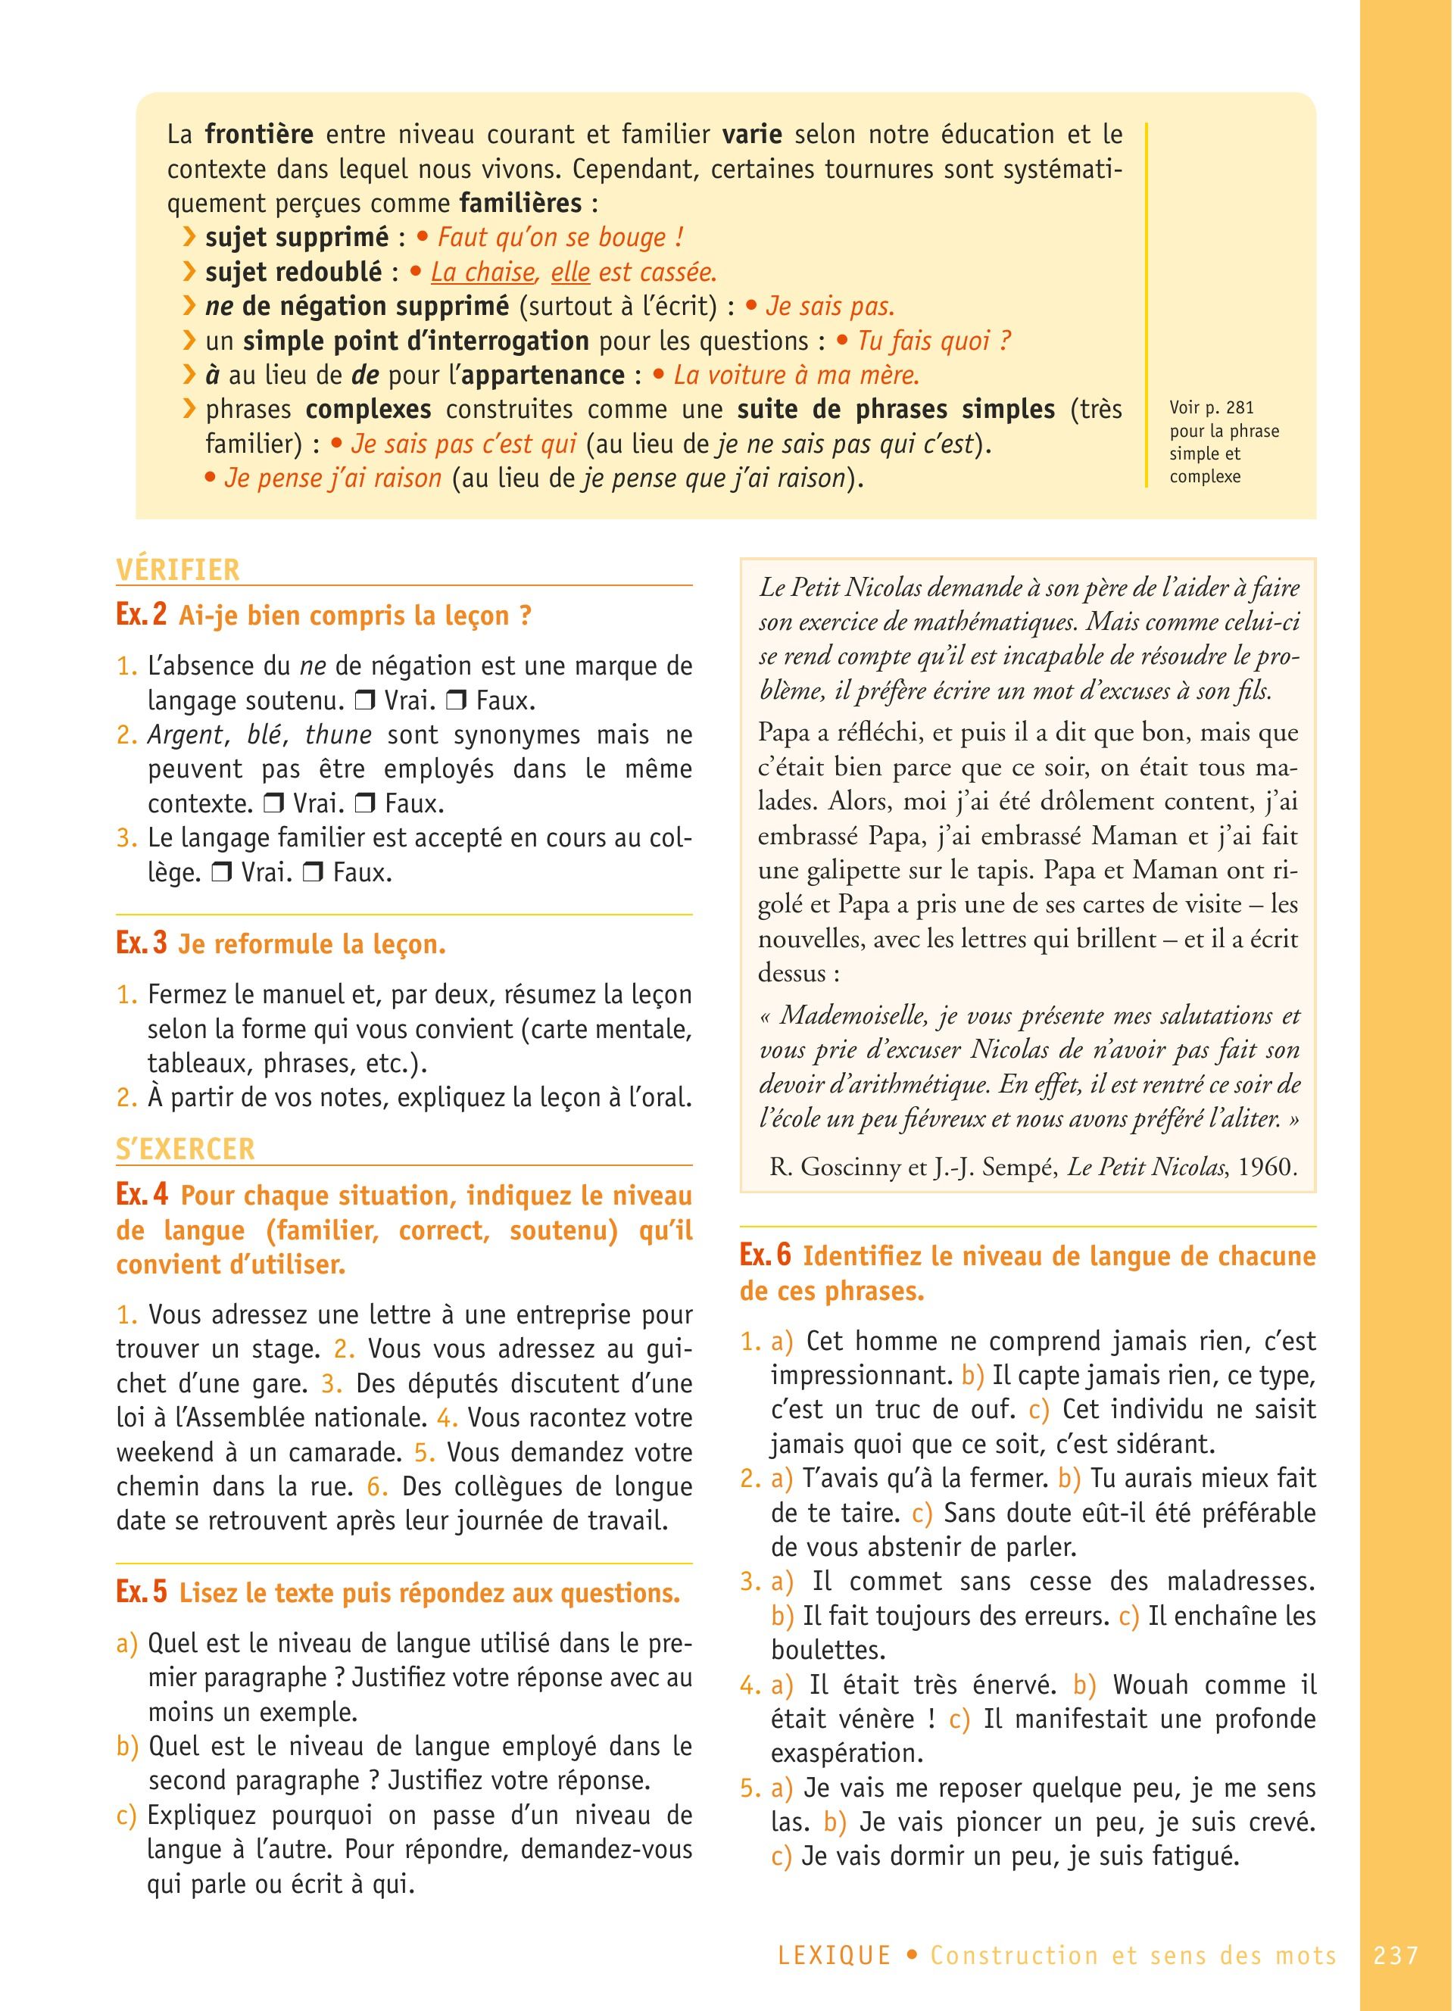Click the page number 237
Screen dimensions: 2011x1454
1396,1955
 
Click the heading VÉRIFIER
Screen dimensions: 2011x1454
178,570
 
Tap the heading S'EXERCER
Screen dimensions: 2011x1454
186,1149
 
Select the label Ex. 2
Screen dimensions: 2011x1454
141,616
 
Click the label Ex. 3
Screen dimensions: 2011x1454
141,943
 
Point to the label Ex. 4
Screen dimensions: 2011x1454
141,1196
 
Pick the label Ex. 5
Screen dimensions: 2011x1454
141,1592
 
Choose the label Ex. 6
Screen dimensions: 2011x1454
764,1255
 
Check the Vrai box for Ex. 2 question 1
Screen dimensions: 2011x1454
363,701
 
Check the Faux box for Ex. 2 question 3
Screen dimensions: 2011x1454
312,872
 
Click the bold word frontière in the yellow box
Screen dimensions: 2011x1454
259,135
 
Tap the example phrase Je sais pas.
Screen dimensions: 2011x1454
830,307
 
